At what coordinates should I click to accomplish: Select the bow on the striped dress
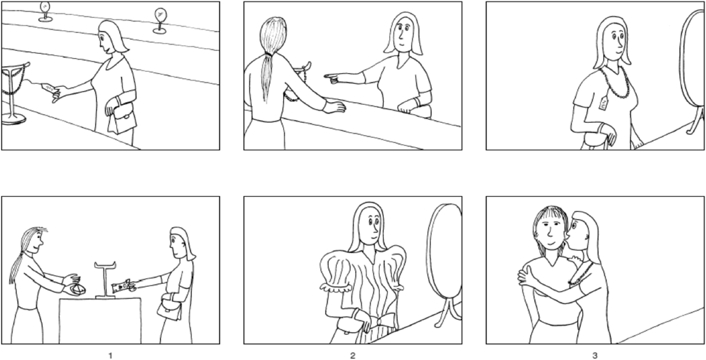coord(384,322)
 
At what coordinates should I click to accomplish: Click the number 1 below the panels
coord(110,355)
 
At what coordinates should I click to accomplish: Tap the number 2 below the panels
coord(352,355)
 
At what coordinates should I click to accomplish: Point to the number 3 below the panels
coord(595,355)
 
